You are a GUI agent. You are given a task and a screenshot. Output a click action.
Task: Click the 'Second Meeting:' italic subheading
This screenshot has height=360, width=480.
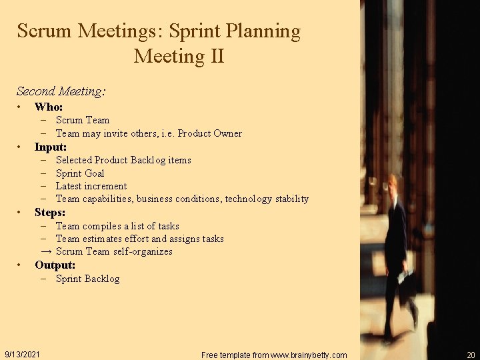coord(61,91)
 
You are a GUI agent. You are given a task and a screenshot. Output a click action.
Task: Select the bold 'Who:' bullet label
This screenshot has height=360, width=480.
coord(49,107)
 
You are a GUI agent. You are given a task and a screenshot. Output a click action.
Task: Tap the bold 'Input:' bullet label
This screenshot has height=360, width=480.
coord(51,147)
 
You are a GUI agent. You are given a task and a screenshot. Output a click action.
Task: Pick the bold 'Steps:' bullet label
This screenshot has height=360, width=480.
coord(50,212)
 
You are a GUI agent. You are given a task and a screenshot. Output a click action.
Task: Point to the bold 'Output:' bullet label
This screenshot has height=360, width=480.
coord(55,265)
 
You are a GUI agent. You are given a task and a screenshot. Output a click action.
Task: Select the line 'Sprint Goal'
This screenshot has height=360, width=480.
coord(80,173)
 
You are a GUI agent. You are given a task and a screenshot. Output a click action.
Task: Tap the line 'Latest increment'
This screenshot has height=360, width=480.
coord(91,186)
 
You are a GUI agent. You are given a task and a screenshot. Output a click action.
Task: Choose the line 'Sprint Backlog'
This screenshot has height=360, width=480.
coord(87,279)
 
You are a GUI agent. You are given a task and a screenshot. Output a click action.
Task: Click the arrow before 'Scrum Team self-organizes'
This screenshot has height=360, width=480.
coord(46,251)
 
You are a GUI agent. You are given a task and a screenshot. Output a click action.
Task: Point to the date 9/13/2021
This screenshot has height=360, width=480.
coord(22,354)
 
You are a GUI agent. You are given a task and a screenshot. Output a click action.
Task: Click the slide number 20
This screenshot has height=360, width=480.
coord(471,355)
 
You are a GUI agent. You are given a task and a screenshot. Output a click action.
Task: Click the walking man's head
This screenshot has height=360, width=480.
coord(394,183)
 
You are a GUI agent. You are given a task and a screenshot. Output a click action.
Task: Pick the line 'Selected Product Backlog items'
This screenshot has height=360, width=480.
coord(123,160)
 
